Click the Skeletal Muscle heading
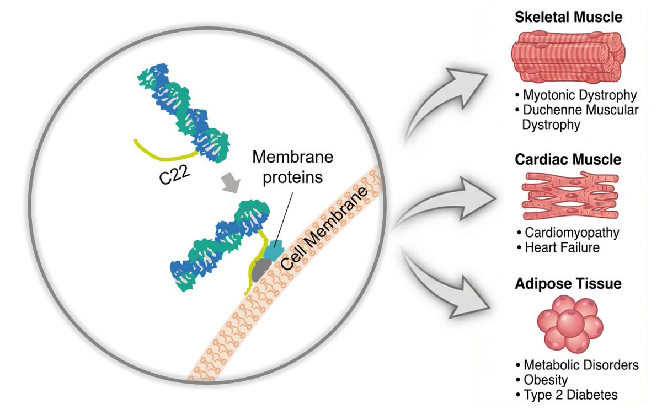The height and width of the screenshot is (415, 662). click(568, 17)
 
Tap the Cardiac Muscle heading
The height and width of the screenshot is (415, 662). click(568, 159)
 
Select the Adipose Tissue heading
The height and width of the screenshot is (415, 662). click(568, 284)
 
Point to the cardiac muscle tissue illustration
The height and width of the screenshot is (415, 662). click(568, 196)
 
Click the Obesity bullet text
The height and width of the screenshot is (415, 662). click(544, 380)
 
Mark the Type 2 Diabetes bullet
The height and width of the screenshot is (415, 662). click(569, 395)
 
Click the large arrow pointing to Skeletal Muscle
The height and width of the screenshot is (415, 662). click(447, 102)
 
